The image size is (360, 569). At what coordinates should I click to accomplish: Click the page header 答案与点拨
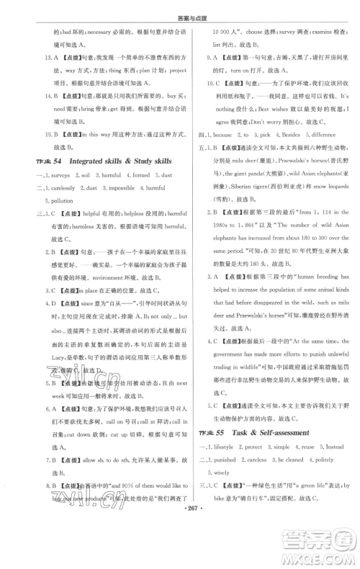179,8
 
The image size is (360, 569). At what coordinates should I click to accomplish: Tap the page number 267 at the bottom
180,557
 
